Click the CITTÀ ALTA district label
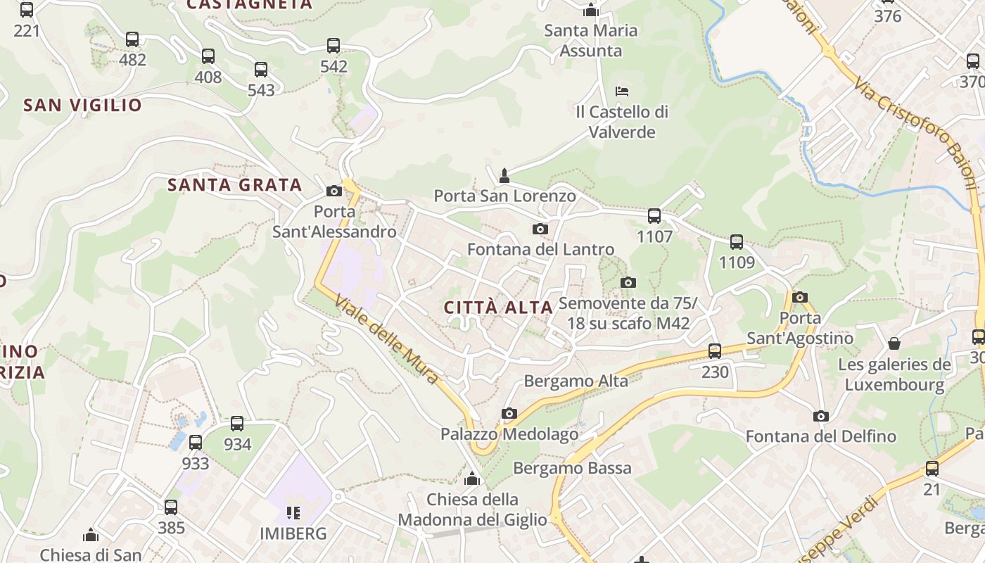498,308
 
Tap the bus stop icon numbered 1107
654,216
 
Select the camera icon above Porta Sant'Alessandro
334,191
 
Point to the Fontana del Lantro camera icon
540,229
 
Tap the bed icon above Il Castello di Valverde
622,91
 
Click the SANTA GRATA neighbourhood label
234,185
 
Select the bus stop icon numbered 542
333,46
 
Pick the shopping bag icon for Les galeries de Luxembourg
894,343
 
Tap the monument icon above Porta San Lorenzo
504,175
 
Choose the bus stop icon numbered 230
715,350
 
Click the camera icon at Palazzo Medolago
509,413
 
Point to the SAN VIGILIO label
82,106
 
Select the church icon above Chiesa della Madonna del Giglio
472,479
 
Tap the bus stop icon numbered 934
237,424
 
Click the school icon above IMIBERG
293,512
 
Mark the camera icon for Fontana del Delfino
820,416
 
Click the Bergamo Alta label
576,381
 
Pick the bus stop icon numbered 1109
737,242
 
